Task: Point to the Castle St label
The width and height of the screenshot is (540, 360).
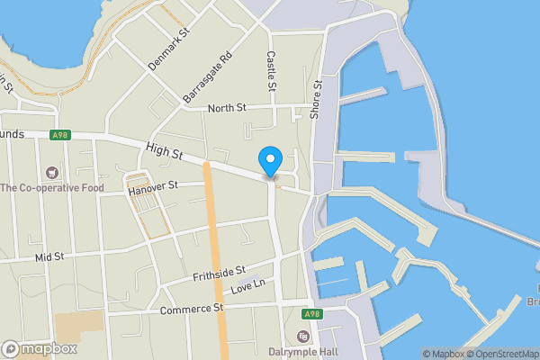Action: point(271,70)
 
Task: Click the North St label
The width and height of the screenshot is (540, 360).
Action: point(227,109)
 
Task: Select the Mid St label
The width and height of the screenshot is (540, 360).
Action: point(49,256)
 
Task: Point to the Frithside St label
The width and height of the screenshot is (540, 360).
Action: point(219,272)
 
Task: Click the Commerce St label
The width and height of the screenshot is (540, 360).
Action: point(191,309)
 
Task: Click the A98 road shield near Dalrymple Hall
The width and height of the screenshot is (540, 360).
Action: point(311,314)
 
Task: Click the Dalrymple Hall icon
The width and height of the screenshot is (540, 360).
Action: point(302,337)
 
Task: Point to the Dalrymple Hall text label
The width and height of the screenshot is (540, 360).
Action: point(302,352)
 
